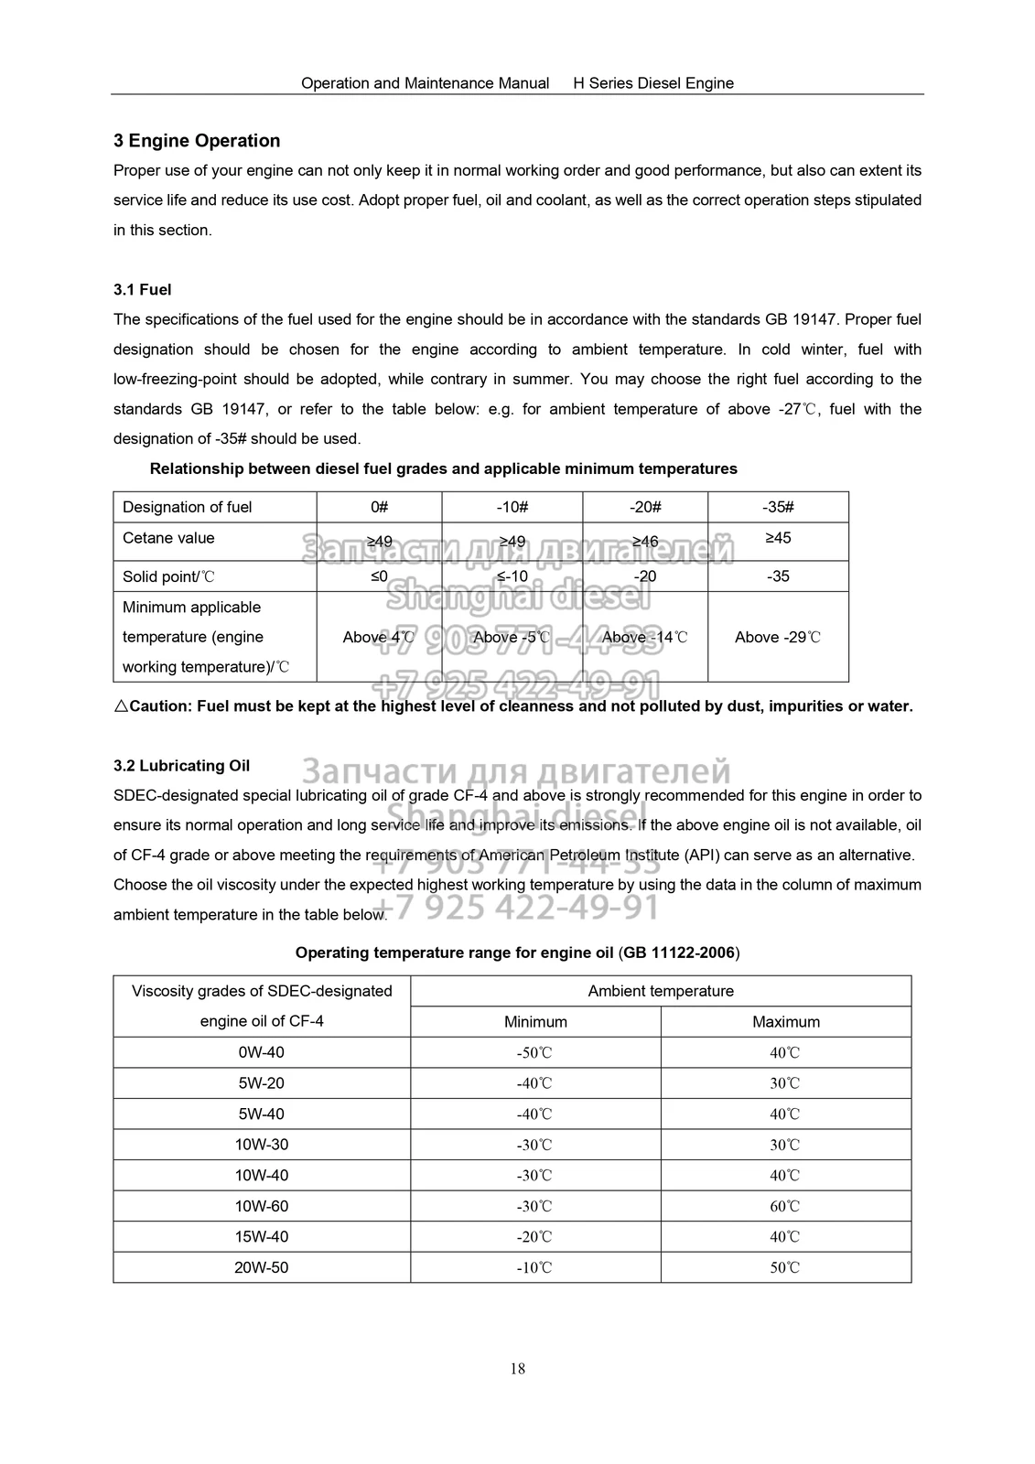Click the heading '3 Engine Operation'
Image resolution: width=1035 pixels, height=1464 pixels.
[197, 141]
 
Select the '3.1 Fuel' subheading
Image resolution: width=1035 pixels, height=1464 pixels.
[143, 290]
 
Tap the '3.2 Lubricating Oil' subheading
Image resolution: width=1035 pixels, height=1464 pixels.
[181, 766]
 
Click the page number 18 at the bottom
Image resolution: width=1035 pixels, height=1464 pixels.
[518, 1369]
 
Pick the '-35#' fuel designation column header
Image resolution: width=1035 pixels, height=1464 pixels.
[778, 507]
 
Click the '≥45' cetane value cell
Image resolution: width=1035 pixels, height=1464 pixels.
[778, 538]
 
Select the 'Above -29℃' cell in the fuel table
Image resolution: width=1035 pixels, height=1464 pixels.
[778, 637]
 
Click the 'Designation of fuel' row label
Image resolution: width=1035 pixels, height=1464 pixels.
[187, 507]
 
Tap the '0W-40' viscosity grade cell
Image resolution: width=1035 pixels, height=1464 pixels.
[262, 1052]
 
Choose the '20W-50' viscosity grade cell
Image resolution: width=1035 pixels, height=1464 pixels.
[262, 1267]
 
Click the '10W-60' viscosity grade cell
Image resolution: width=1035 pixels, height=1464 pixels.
[262, 1206]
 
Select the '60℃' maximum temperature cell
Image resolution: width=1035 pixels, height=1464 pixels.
[785, 1206]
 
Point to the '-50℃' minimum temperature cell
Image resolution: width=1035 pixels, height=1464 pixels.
[535, 1052]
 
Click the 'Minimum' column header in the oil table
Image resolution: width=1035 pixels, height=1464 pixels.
[535, 1021]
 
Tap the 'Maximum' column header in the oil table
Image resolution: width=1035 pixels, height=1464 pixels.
[785, 1021]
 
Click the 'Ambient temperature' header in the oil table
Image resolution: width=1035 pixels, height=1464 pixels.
[661, 991]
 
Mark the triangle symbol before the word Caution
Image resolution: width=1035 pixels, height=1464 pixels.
[121, 706]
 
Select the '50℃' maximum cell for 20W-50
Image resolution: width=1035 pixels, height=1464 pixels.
[785, 1267]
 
